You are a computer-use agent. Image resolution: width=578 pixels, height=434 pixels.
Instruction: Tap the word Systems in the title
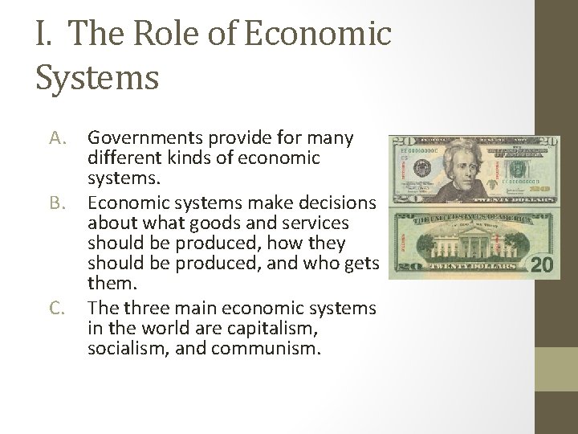click(x=97, y=79)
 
